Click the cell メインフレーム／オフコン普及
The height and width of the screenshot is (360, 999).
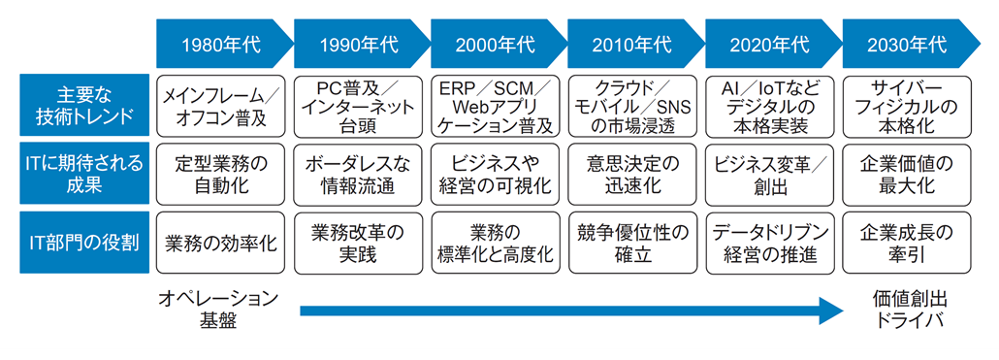point(221,106)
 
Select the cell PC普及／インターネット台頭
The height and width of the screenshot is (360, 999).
point(358,106)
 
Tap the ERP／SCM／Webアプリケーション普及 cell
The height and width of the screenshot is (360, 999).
point(496,106)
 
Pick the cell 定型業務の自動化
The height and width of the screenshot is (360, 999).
point(221,173)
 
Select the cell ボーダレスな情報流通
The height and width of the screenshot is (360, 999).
point(358,173)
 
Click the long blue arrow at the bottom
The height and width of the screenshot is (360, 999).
point(572,311)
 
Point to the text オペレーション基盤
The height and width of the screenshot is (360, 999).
point(218,310)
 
